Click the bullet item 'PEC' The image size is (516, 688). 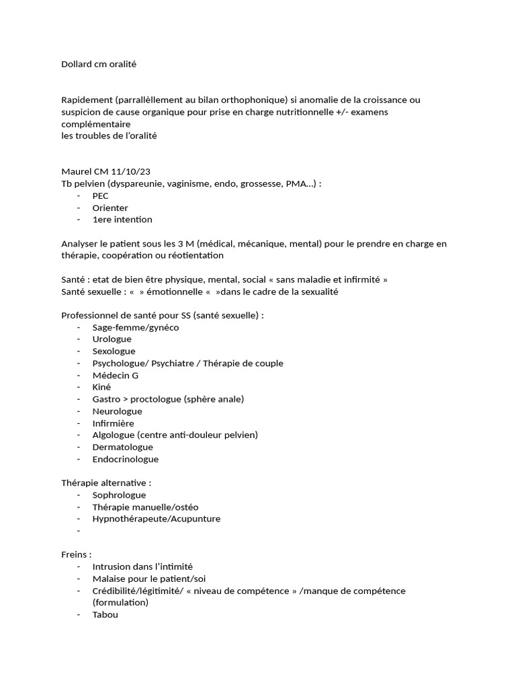pos(101,196)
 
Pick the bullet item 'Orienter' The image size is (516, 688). pos(110,208)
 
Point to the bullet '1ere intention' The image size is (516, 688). pos(122,219)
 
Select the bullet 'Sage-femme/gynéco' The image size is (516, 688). pos(136,327)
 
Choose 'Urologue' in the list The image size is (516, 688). pos(112,339)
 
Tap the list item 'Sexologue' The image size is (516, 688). pos(114,351)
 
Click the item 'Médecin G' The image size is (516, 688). pos(116,375)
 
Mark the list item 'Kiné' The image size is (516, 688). pos(101,387)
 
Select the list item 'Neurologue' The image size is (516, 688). pos(118,411)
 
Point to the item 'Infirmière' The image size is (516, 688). pos(114,423)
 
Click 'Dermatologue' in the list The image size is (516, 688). pos(123,447)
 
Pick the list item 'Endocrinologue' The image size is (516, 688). pos(126,459)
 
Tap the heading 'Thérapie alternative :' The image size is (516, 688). pos(106,483)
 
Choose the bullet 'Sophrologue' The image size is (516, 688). pos(119,495)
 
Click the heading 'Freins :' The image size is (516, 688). pos(77,555)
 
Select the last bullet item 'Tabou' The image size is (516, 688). pos(105,614)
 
